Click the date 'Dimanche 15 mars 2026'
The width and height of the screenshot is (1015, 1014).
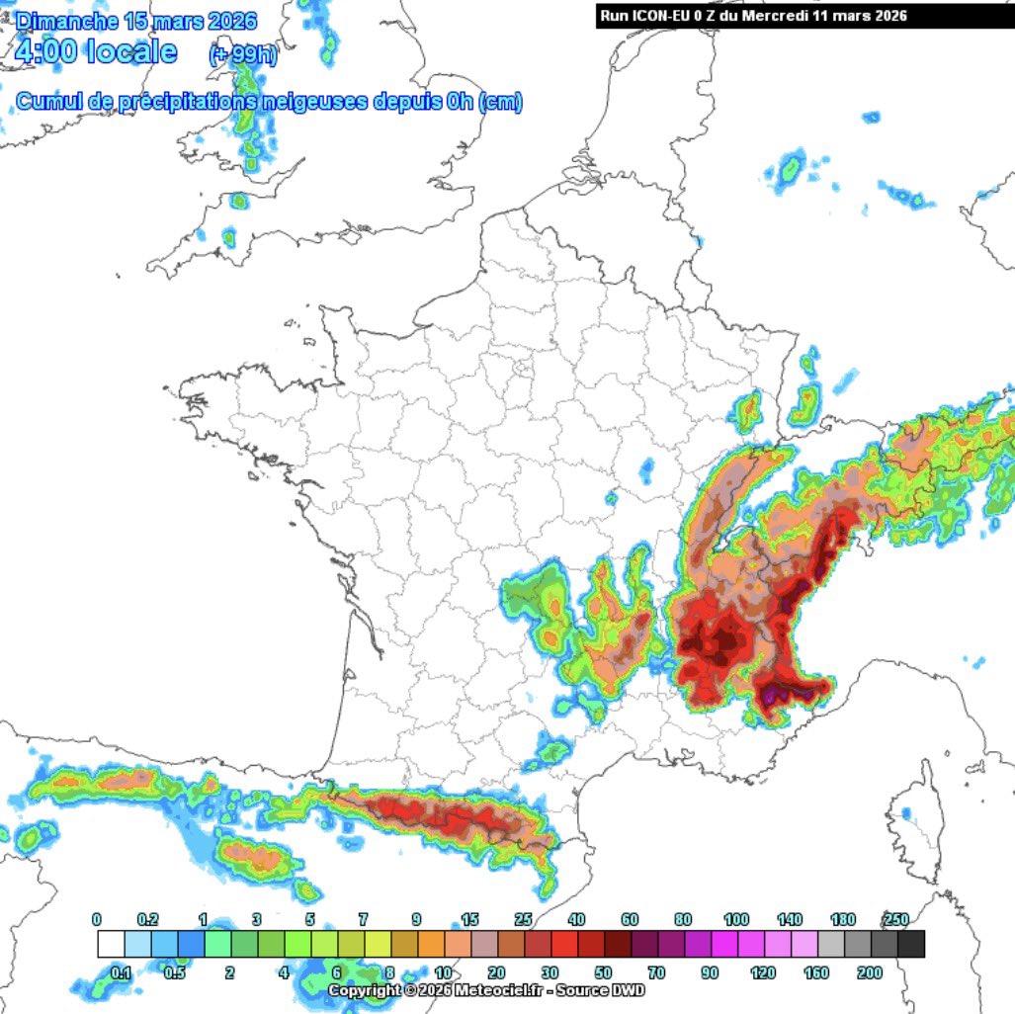click(136, 20)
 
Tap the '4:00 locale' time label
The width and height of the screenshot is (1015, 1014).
click(96, 51)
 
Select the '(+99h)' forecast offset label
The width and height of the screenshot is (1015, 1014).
click(243, 56)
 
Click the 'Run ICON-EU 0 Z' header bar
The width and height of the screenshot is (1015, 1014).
click(753, 16)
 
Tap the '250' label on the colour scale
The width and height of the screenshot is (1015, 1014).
click(895, 920)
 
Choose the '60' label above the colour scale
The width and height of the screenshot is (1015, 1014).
click(630, 920)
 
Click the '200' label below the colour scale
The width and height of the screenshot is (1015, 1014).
click(870, 972)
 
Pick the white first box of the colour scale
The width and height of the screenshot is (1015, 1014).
click(111, 945)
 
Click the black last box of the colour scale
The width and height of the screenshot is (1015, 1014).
click(911, 945)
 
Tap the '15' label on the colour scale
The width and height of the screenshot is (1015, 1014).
click(469, 920)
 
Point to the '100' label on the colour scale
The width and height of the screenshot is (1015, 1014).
click(736, 920)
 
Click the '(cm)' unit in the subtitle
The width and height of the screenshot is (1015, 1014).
click(500, 102)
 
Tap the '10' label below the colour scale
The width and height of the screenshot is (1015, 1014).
click(443, 972)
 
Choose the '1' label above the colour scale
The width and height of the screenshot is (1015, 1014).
click(203, 920)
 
